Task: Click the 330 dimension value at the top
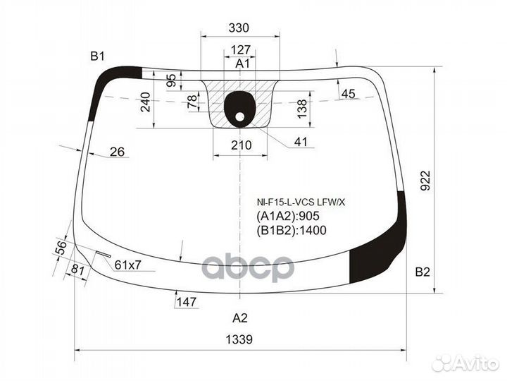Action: point(239,28)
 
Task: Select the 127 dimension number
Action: point(241,50)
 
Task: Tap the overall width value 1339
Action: point(239,339)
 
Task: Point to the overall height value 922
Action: point(426,181)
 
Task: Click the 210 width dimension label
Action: point(242,145)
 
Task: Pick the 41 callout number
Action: point(301,142)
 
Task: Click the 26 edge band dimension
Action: point(117,152)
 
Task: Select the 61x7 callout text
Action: point(127,265)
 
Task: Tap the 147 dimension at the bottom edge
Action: point(187,302)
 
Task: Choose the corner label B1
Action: point(97,56)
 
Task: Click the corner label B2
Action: point(423,272)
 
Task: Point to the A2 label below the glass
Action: point(240,318)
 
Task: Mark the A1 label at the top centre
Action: point(242,64)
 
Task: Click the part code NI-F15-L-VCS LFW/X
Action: point(301,202)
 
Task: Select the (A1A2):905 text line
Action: point(288,216)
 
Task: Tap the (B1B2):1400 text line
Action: point(292,230)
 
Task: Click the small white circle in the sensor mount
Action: point(240,116)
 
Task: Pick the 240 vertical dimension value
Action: point(146,102)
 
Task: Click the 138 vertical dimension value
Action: point(301,109)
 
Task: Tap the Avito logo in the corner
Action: point(466,363)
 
